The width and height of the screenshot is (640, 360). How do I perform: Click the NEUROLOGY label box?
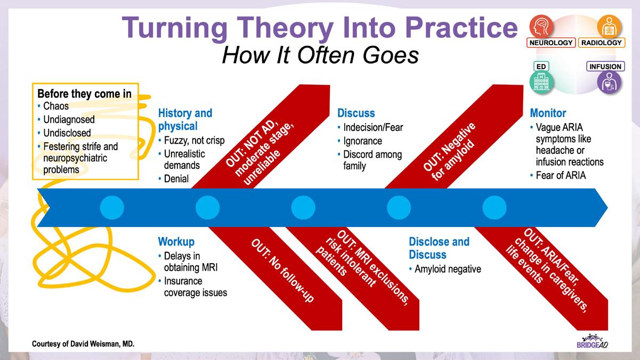(551, 43)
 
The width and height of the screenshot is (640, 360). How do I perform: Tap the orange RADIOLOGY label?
(602, 43)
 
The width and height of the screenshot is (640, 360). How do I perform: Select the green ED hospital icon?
(541, 82)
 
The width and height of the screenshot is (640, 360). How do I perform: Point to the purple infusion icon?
(609, 82)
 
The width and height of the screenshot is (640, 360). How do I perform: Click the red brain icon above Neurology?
(541, 27)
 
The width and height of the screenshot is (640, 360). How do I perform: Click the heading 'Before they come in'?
(84, 94)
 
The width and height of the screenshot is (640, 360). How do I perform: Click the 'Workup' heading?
(176, 242)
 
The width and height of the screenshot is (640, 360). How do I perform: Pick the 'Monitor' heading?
(548, 113)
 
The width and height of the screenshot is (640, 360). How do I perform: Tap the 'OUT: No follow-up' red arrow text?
(282, 271)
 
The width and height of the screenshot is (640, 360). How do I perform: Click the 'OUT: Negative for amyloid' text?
(449, 152)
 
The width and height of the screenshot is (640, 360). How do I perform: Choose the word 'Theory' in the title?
(285, 27)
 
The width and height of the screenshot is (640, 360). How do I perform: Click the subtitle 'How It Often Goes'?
(320, 55)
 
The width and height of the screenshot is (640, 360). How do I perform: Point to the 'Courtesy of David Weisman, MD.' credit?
(83, 343)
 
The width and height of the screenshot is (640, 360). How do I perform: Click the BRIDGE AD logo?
(592, 341)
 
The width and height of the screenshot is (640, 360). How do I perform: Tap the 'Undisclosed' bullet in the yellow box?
(67, 133)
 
